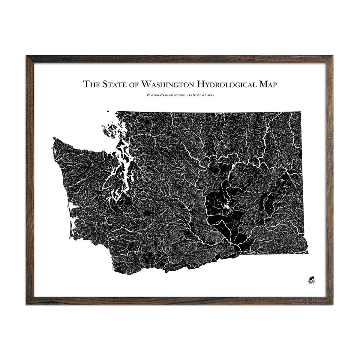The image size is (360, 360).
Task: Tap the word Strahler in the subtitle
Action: pyautogui.click(x=188, y=96)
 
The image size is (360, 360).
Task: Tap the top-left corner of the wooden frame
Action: pyautogui.click(x=27, y=56)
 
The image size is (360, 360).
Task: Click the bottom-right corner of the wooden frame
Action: pyautogui.click(x=333, y=304)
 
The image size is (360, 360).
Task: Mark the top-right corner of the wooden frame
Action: pyautogui.click(x=333, y=56)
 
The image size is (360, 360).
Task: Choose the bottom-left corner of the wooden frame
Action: pyautogui.click(x=27, y=304)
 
